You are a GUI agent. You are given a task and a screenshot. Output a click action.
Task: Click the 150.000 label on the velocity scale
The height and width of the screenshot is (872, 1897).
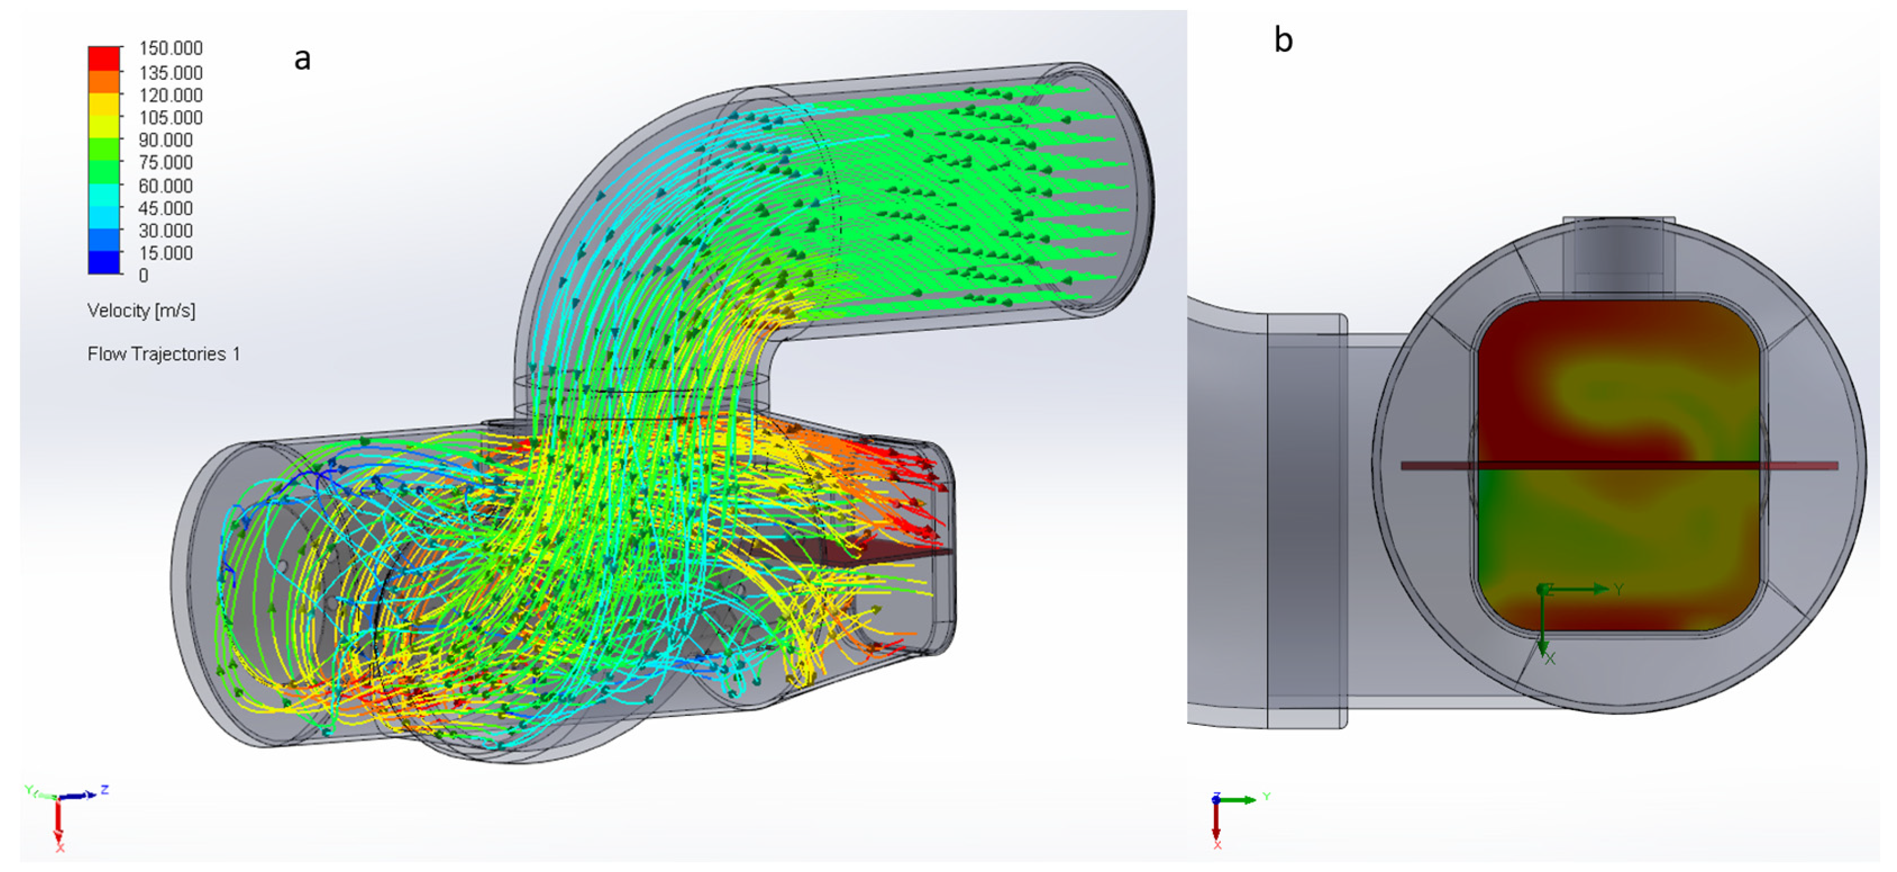point(171,49)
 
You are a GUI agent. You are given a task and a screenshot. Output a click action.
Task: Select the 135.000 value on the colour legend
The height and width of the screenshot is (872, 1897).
point(171,73)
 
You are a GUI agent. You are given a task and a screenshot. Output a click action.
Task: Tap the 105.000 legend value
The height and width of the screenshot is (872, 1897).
point(171,118)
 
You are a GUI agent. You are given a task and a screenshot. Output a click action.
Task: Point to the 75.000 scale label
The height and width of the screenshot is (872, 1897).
point(166,163)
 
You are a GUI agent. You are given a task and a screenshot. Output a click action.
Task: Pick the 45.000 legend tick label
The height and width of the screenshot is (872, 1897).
point(166,208)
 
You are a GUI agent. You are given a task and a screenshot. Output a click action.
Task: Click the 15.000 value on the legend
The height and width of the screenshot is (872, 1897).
point(166,253)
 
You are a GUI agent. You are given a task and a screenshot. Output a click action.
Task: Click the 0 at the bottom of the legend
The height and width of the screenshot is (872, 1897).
point(144,275)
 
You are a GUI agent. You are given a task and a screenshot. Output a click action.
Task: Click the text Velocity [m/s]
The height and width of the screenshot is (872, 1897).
point(142,311)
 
